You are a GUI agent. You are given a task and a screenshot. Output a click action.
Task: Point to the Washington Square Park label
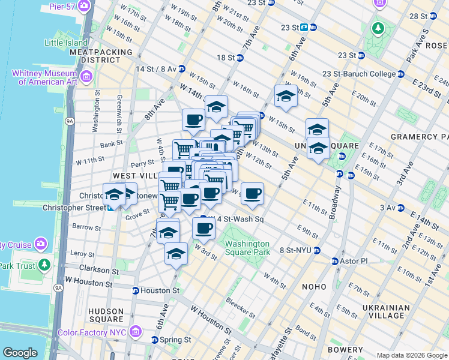(247, 248)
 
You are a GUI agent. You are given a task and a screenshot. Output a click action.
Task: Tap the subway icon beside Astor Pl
(335, 261)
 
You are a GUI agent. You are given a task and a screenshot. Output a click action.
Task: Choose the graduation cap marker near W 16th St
(286, 96)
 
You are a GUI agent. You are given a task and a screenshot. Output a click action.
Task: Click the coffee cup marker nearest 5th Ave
(253, 193)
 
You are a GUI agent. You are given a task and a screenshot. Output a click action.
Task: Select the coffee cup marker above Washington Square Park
(203, 228)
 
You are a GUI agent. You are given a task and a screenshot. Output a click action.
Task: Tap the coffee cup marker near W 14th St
(193, 119)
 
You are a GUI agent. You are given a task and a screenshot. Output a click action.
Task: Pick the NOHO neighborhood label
(314, 287)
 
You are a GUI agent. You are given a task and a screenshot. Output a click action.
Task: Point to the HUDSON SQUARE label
(106, 316)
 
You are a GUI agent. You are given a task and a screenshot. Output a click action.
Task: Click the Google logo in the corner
(20, 353)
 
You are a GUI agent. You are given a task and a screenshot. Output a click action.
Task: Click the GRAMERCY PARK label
(418, 137)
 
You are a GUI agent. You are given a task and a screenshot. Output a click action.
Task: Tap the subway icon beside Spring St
(154, 340)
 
